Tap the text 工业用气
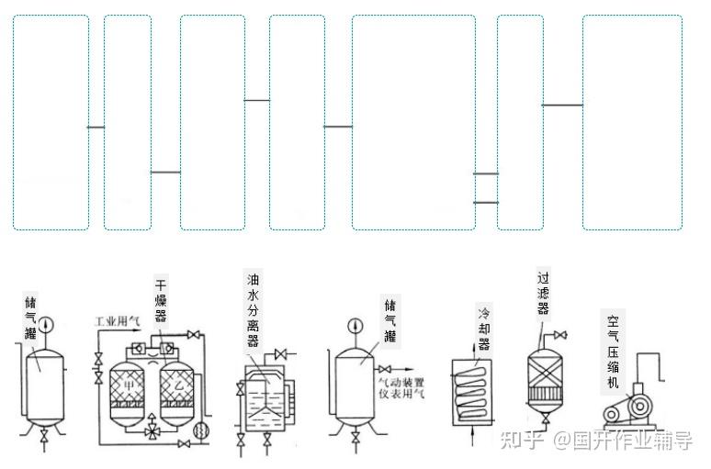[117, 322]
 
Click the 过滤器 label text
[543, 292]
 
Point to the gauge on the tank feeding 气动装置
[354, 328]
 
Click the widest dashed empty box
[413, 122]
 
